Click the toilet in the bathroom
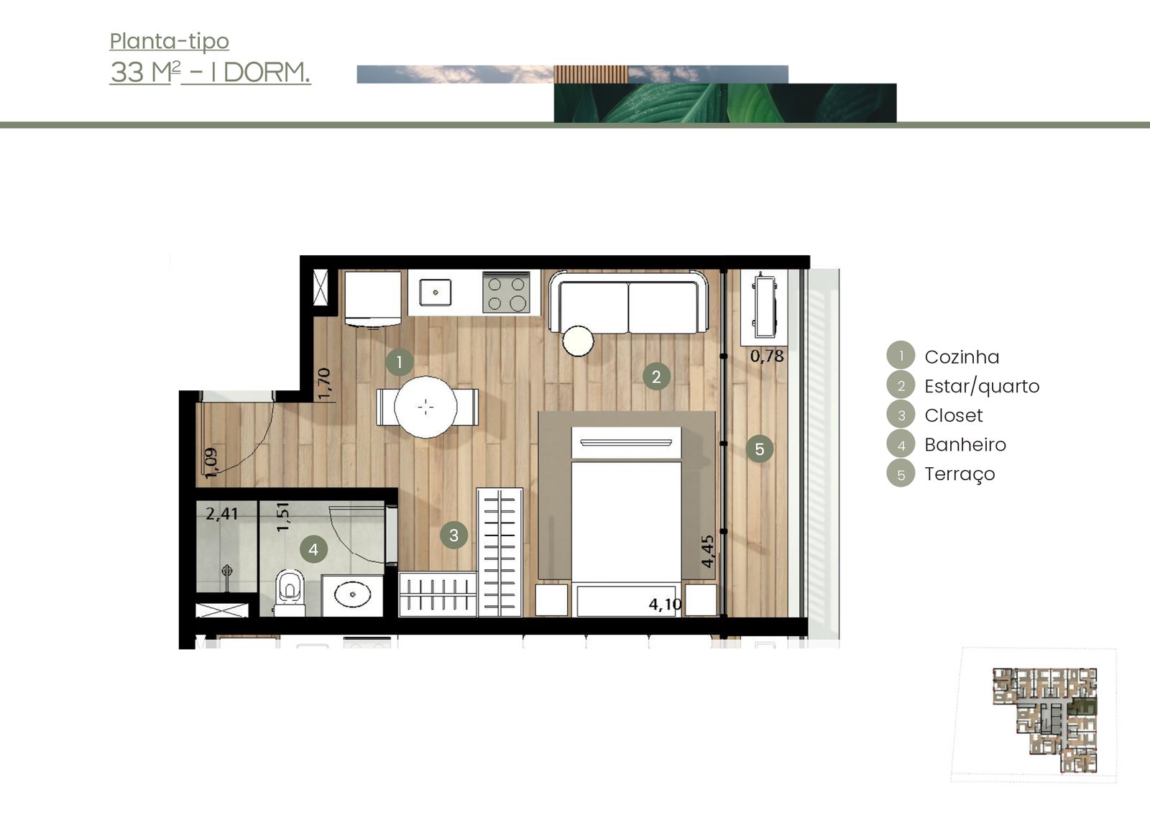coord(290,592)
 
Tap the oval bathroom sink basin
coord(352,594)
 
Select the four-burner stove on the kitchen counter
coord(506,293)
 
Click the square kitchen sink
coord(436,293)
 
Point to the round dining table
coord(425,407)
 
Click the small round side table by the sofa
coord(578,341)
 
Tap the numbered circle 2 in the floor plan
coord(656,377)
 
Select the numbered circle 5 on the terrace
coord(759,449)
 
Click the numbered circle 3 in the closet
coord(454,536)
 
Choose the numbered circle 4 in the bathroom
coord(313,549)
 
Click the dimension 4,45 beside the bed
coord(707,551)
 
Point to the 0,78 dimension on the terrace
coord(767,356)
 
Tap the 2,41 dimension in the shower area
coord(222,513)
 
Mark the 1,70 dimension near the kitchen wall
coord(324,384)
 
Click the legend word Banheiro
coord(965,445)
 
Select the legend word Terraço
coord(960,474)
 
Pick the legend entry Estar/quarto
coord(982,386)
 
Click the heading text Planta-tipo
coord(170,42)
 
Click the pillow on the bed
coord(626,442)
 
